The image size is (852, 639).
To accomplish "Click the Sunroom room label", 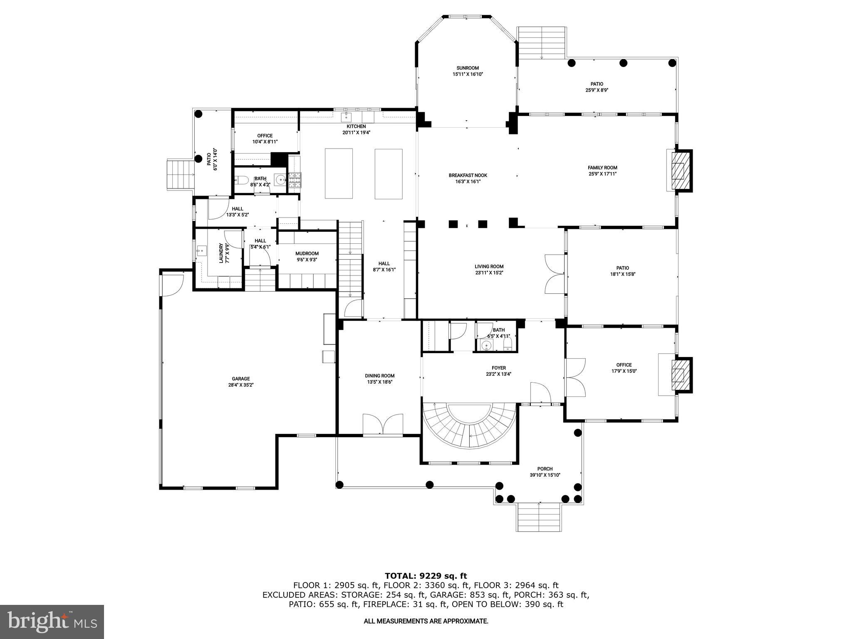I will [468, 68].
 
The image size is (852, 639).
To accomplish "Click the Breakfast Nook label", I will [468, 175].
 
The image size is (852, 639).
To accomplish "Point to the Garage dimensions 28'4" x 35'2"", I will [240, 385].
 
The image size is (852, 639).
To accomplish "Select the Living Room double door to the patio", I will [554, 275].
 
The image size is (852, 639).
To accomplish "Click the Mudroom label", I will [307, 253].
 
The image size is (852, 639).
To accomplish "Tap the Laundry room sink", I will [202, 251].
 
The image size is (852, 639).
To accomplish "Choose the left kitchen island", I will [339, 173].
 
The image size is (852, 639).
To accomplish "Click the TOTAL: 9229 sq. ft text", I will [426, 576].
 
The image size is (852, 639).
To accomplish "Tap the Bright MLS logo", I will [52, 622].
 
